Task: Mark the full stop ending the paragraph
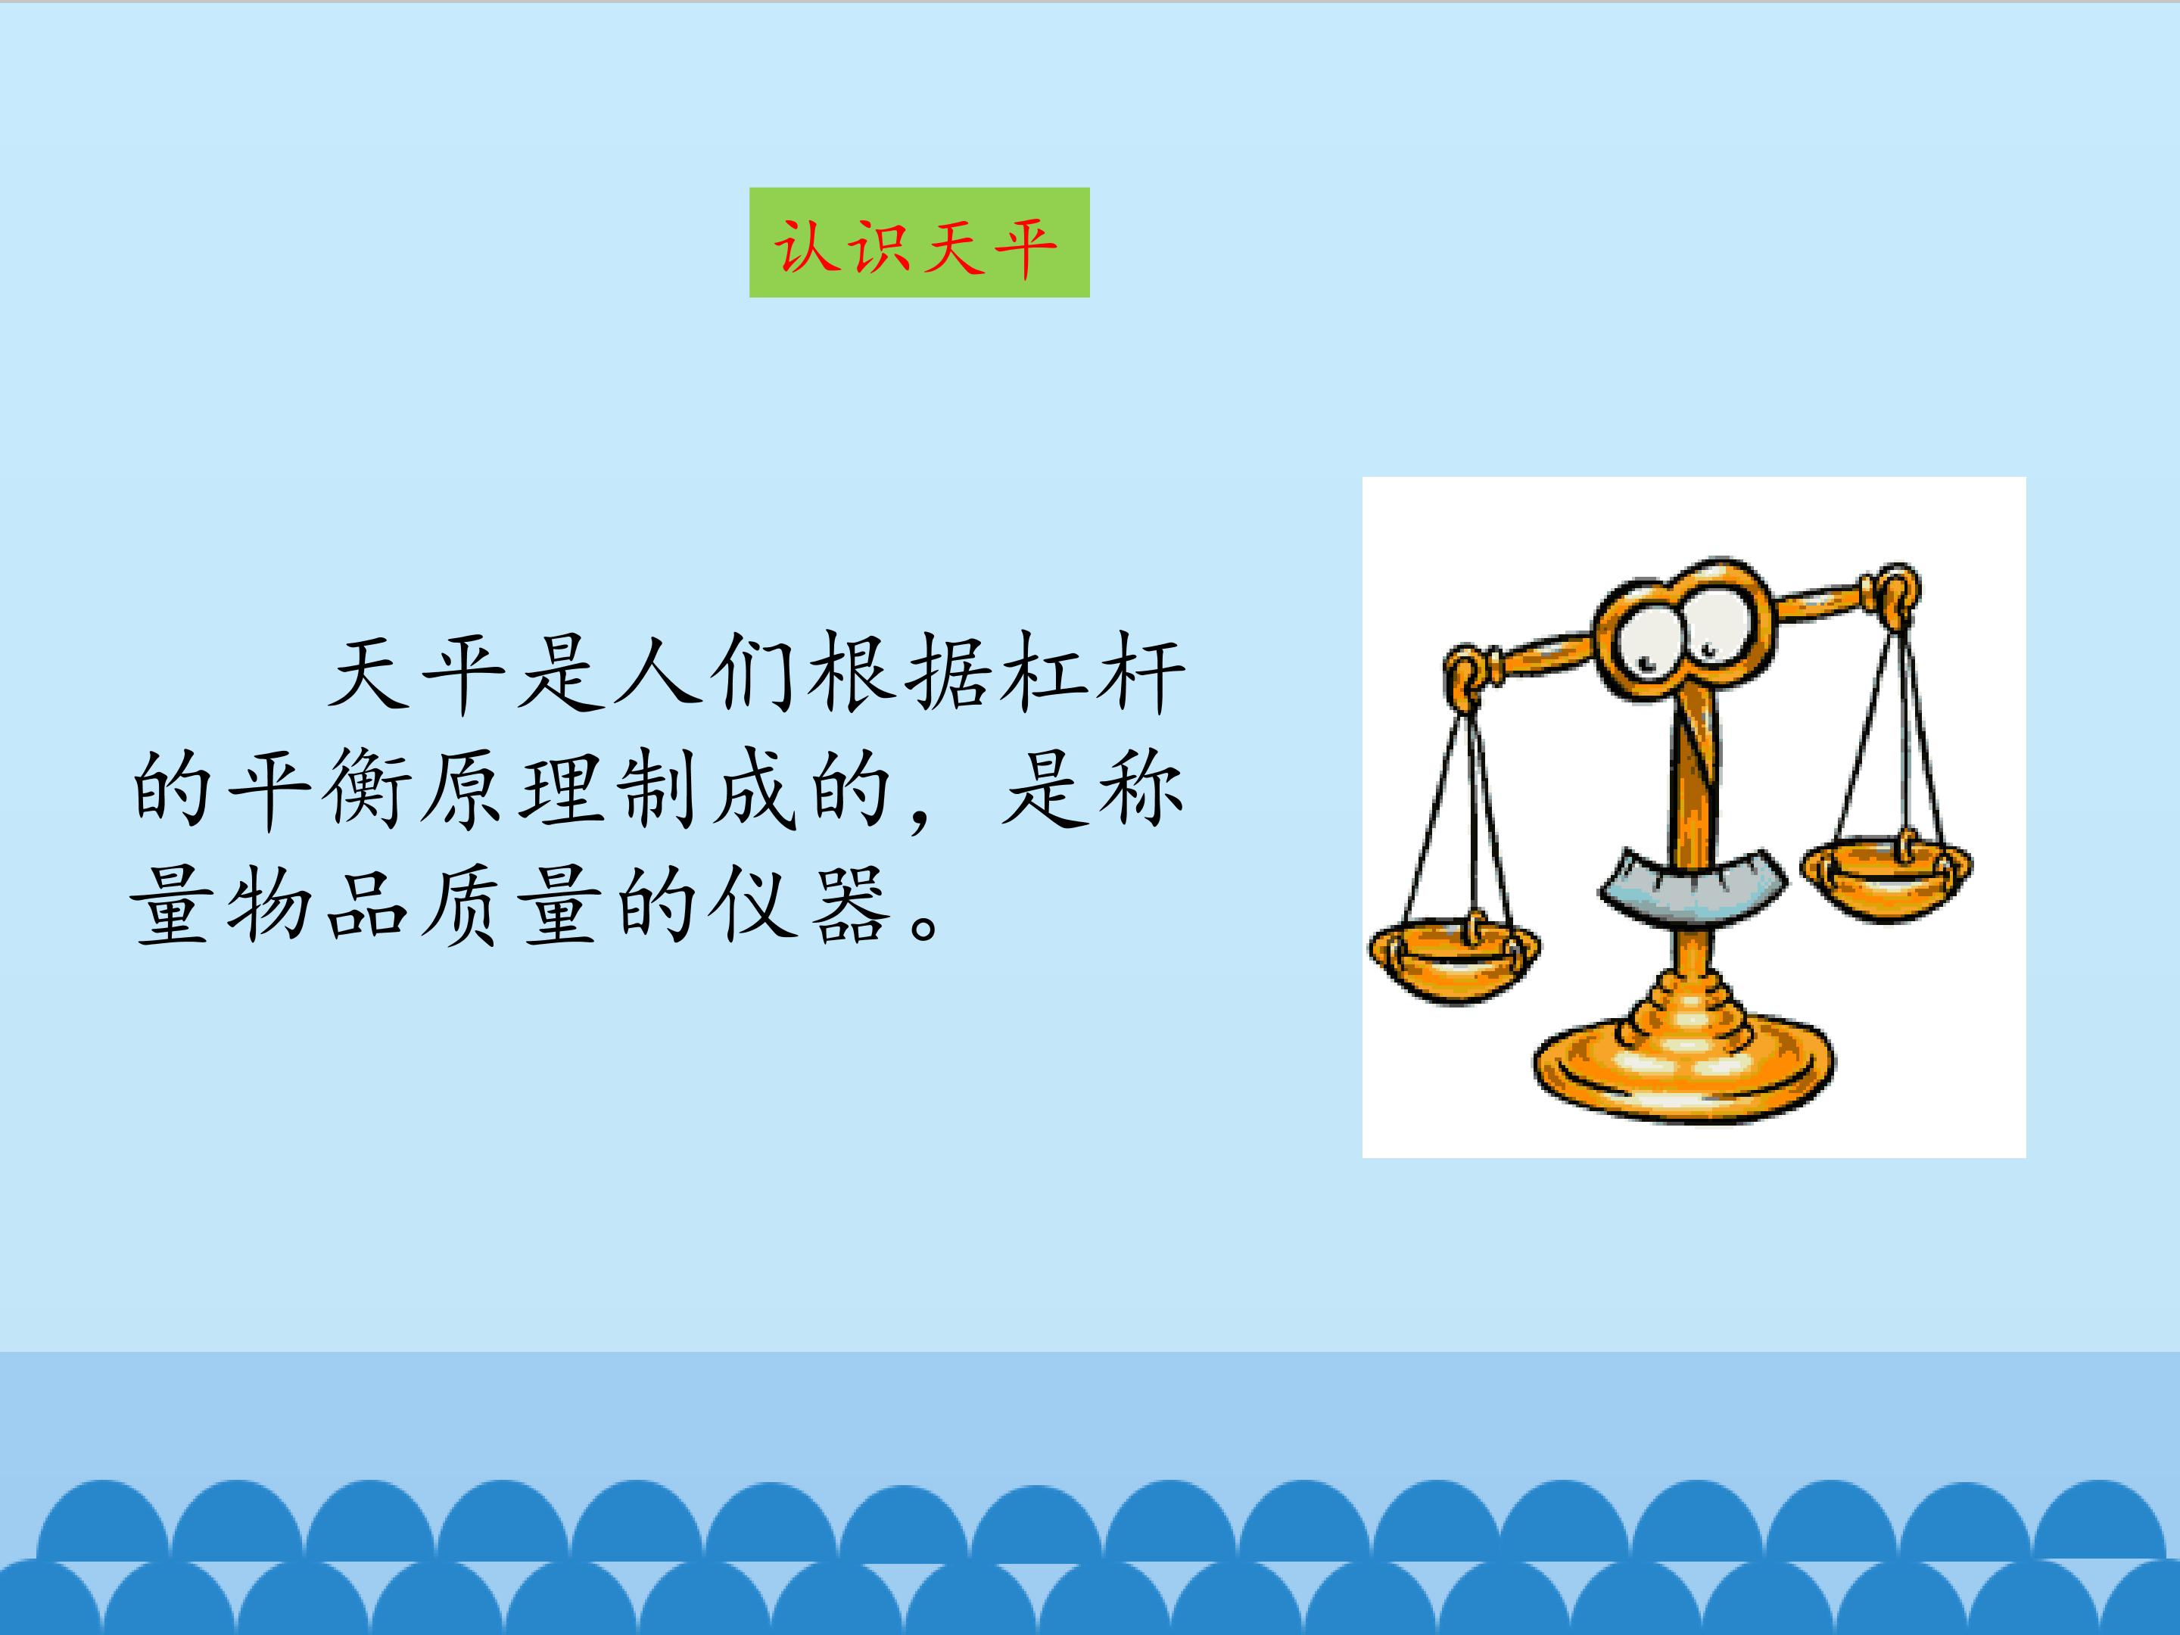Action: tap(926, 926)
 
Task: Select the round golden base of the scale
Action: tap(1684, 1064)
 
